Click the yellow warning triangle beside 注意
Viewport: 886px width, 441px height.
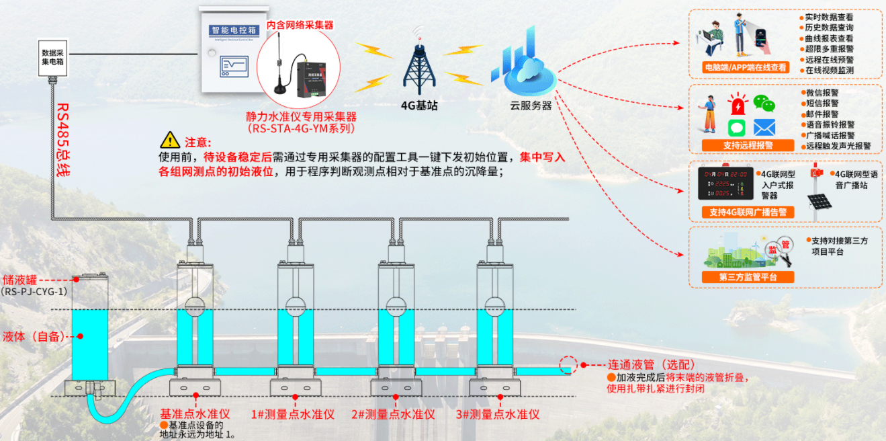pos(170,141)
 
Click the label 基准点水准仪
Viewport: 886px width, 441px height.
pos(195,414)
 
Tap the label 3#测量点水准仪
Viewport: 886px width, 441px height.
pos(498,414)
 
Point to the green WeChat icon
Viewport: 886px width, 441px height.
pos(762,103)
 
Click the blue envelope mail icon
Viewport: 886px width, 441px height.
pos(764,127)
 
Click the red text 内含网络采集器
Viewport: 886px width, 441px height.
pos(300,25)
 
